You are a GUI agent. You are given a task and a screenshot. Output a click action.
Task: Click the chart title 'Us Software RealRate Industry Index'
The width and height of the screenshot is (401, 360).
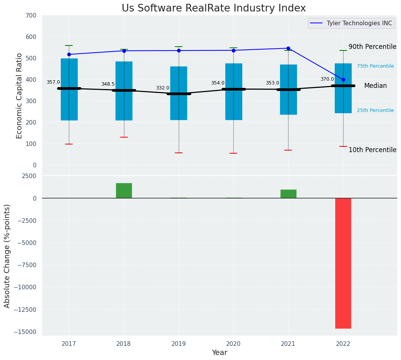(x=214, y=8)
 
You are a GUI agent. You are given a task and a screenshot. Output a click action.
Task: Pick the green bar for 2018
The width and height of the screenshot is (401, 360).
(x=124, y=190)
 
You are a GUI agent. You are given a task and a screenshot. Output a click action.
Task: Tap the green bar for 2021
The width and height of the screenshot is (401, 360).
(x=288, y=194)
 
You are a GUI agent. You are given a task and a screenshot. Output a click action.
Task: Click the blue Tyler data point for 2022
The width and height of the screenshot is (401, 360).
(x=343, y=80)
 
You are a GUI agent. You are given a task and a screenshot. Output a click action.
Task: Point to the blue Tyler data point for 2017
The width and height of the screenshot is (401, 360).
(x=69, y=55)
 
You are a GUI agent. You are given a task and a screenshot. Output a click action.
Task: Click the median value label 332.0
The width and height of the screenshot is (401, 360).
(x=163, y=88)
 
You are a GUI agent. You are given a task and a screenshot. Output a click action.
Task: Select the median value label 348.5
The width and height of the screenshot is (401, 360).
(x=108, y=84)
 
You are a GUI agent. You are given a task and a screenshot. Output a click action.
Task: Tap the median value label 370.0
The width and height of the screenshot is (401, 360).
(x=327, y=79)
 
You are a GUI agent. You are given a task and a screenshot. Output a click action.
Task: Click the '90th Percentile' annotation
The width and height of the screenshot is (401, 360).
(x=372, y=47)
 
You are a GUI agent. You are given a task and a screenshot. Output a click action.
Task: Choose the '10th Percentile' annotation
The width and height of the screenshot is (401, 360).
(x=372, y=150)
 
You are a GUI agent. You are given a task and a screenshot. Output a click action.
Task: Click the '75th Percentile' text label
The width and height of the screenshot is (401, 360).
(x=375, y=66)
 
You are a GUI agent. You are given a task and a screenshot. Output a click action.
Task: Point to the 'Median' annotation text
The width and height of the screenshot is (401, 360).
(x=375, y=86)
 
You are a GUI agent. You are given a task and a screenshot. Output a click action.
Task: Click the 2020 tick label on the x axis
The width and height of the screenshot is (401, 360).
(x=233, y=344)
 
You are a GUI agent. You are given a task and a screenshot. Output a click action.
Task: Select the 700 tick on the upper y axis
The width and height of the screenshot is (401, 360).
(x=32, y=16)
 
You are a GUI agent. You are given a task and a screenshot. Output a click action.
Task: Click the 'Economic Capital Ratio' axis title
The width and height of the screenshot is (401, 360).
(x=20, y=96)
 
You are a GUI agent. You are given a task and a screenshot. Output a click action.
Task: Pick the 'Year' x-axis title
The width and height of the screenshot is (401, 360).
(x=220, y=353)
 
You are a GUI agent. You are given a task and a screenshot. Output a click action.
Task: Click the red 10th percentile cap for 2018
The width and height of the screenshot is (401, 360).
(x=124, y=137)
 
